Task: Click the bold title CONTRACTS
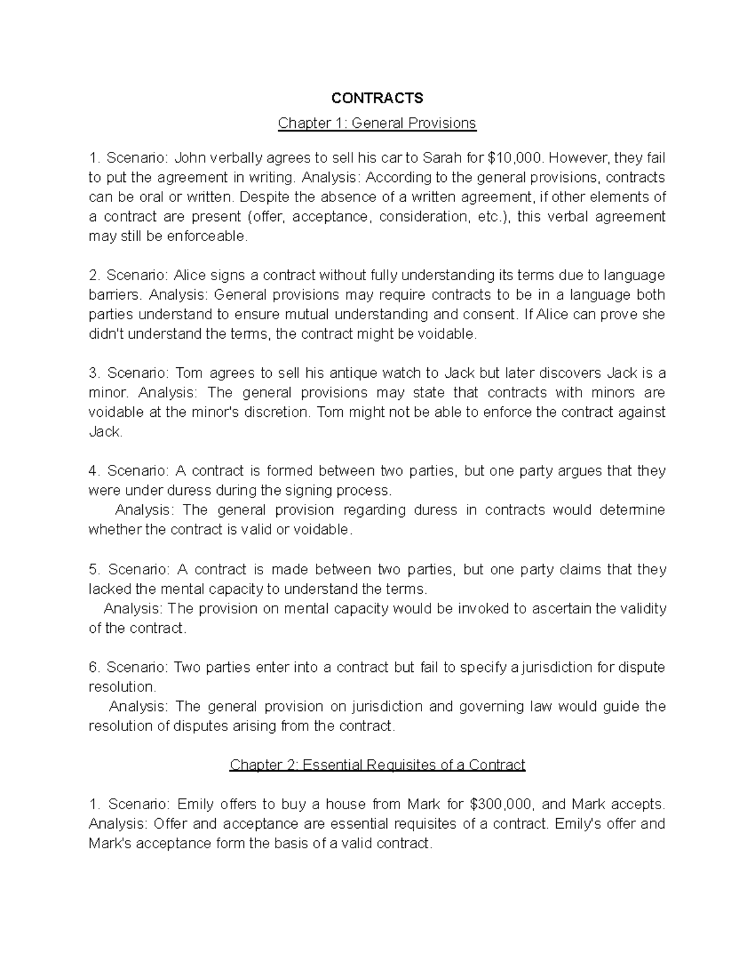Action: point(377,98)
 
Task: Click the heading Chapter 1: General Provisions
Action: point(377,123)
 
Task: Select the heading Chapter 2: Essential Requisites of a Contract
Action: point(377,765)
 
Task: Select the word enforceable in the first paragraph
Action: point(211,236)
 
